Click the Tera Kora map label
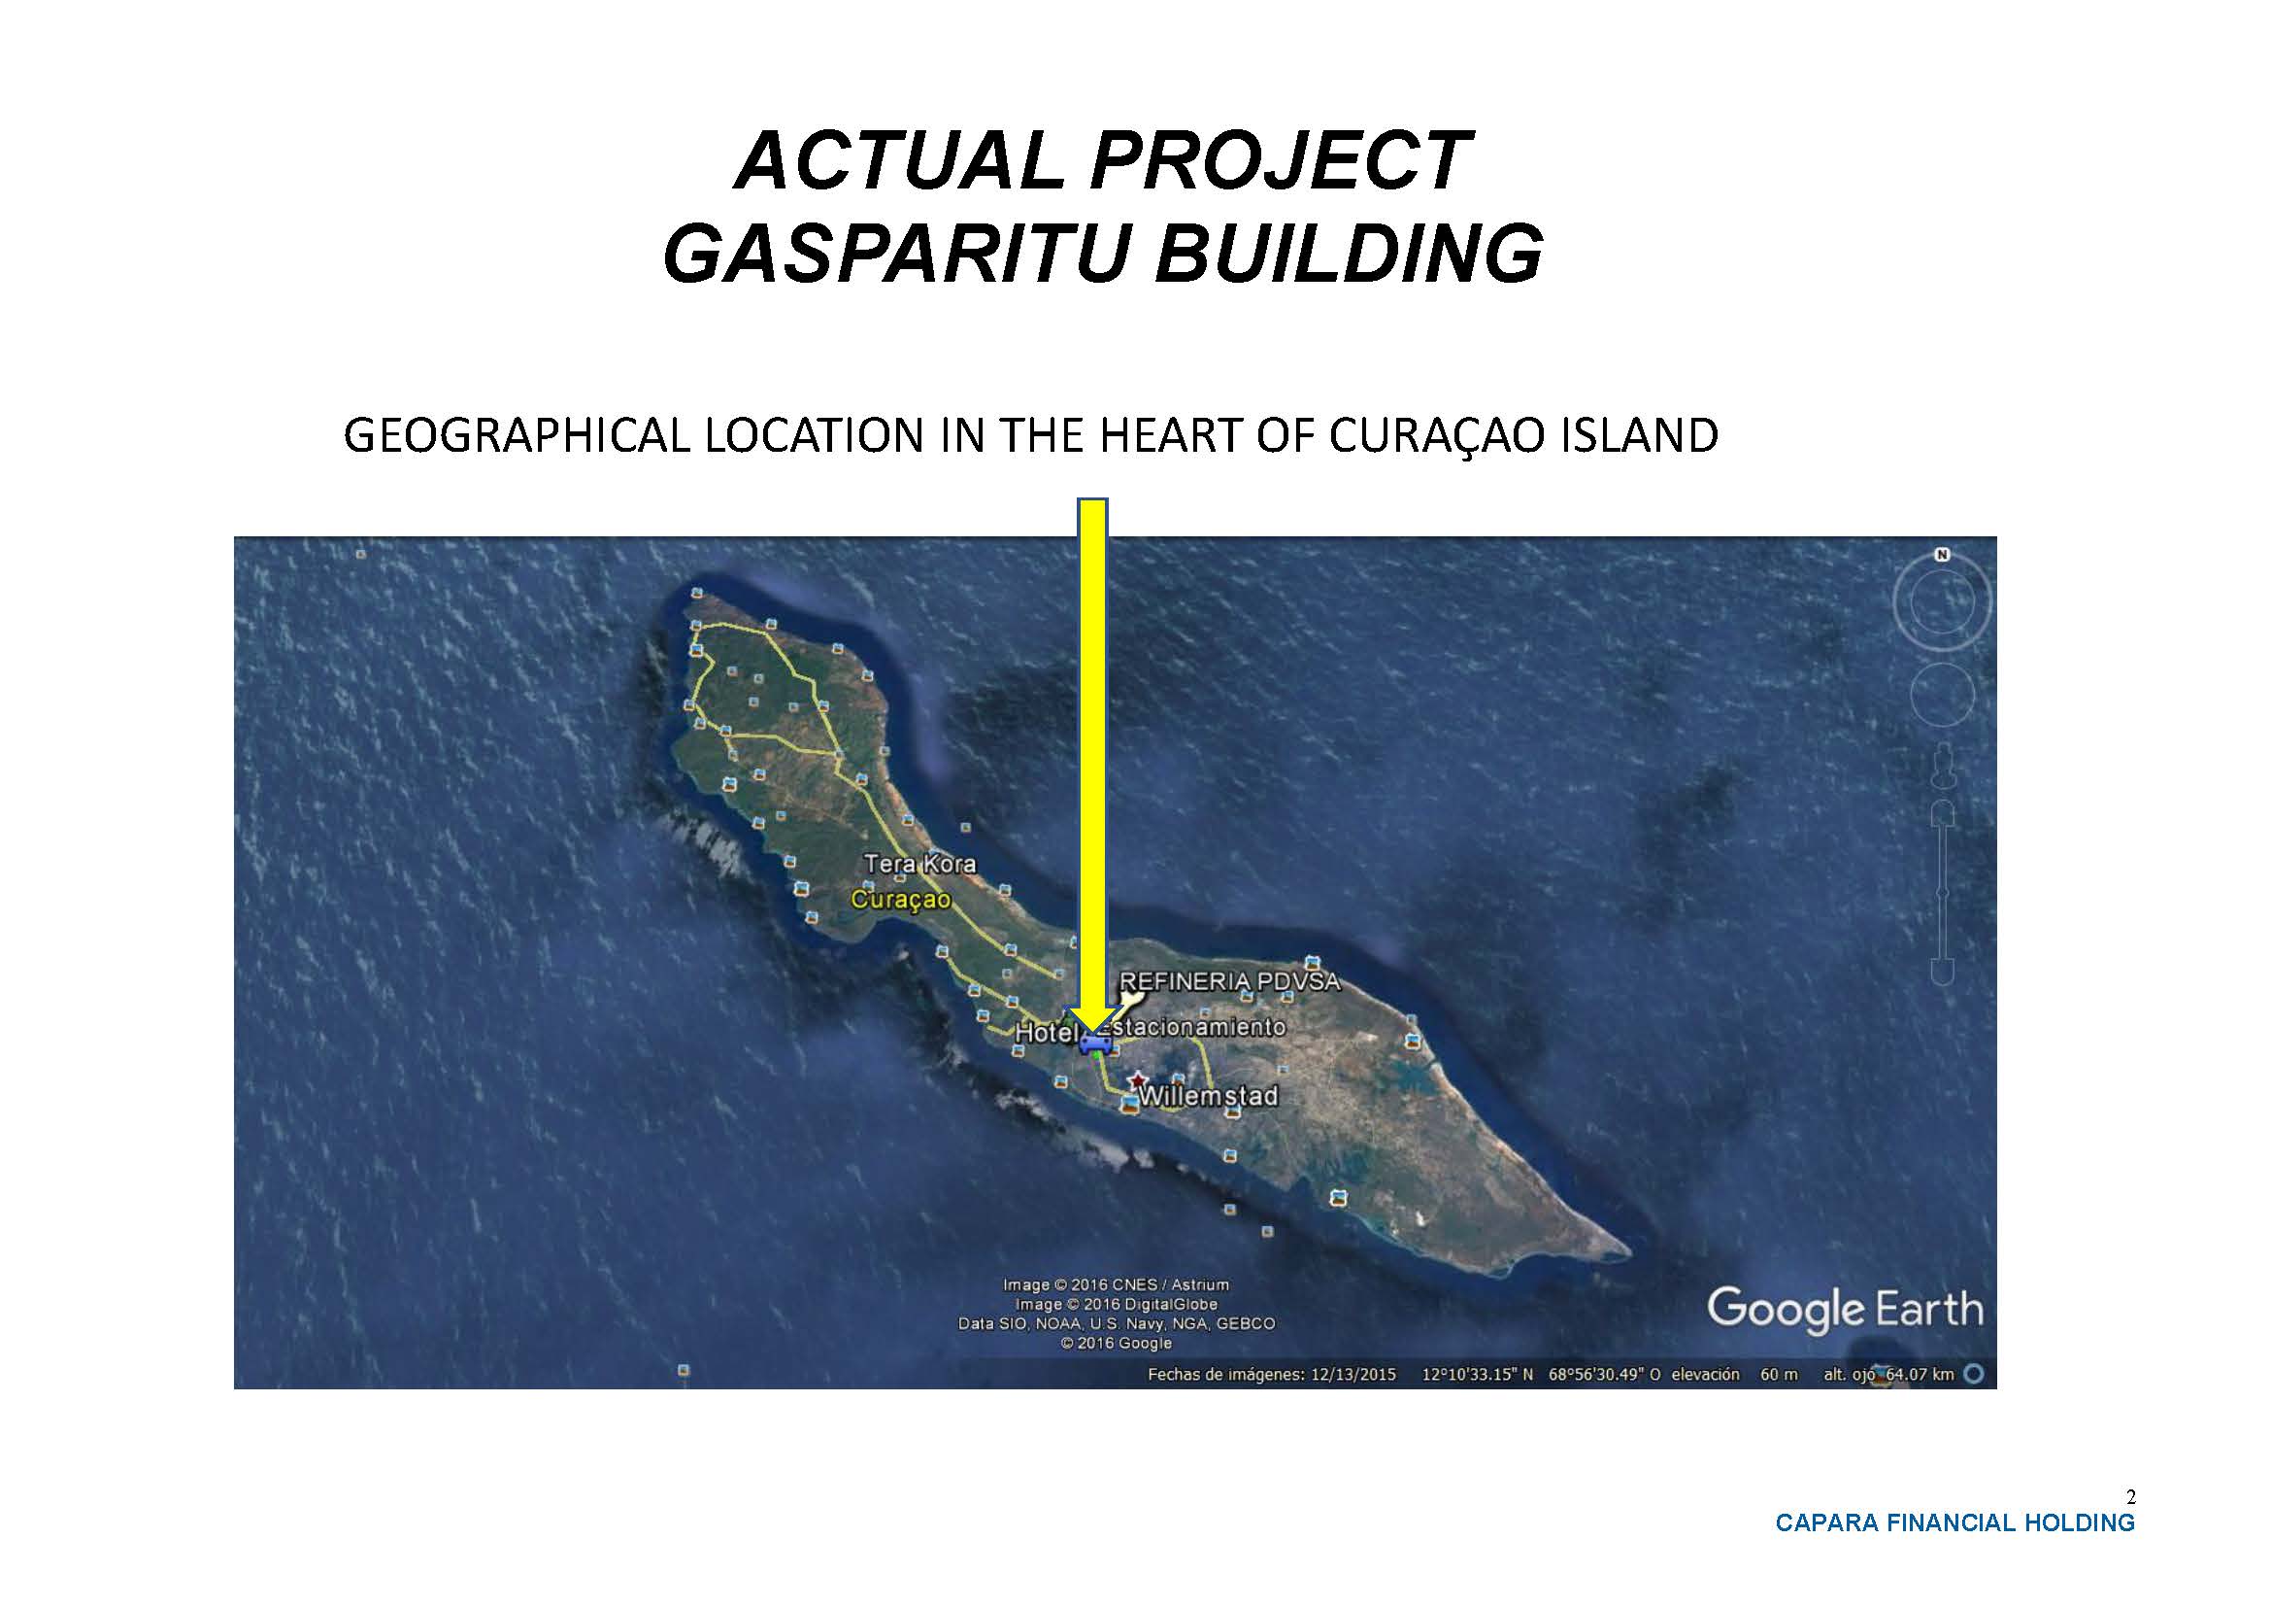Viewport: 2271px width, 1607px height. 919,864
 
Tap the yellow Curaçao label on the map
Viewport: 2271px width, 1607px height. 901,900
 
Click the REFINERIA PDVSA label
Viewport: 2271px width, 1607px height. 1229,981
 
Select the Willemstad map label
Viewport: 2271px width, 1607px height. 1209,1096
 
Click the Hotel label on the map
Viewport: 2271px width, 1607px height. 1046,1033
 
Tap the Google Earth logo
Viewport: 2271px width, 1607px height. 1846,1309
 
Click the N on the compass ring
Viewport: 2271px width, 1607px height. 1942,555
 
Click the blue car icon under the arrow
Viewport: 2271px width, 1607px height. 1094,1043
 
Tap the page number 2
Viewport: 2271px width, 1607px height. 2130,1497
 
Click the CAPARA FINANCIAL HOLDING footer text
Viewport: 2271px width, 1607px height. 1955,1522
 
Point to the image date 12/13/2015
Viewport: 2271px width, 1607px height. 1353,1375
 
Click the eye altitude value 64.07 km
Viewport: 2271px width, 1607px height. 1920,1375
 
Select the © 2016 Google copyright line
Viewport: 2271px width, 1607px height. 1116,1343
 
